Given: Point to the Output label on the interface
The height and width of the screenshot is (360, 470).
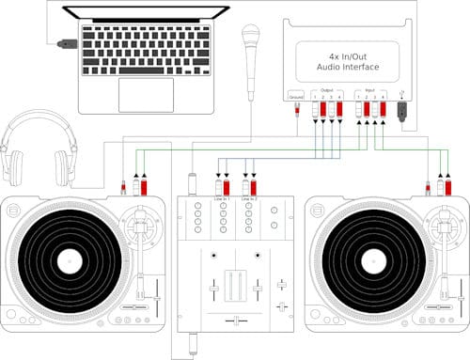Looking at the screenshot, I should tap(325, 90).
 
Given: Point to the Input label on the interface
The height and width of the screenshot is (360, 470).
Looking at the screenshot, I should tap(372, 90).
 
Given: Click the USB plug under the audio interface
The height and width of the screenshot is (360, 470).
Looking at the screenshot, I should tap(402, 110).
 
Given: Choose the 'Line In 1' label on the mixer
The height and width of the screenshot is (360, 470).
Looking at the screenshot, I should tap(224, 198).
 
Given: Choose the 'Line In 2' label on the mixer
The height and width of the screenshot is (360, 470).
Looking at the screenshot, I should tap(249, 198).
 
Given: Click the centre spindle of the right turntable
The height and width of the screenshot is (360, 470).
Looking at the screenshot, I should tap(375, 259).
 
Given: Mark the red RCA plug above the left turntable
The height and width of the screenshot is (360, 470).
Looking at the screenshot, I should tap(144, 187).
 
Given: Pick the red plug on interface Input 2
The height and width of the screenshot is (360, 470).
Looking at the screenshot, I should tap(367, 110).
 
